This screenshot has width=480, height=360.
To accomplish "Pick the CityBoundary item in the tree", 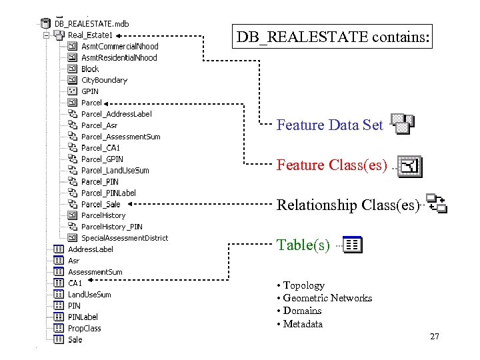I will [x=104, y=80].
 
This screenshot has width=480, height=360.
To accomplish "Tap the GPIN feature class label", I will [x=89, y=91].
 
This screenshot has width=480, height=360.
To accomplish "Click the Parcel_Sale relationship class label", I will [x=101, y=204].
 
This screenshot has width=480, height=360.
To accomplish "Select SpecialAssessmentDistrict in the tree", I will [x=124, y=238].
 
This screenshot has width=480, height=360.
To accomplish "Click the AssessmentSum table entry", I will [x=95, y=272].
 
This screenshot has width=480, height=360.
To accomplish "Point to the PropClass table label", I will [x=85, y=328].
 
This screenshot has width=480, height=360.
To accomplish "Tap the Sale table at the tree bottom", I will [x=75, y=339].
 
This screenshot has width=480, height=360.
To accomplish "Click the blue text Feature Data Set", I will [x=329, y=125].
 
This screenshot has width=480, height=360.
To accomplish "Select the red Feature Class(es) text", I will [x=331, y=165].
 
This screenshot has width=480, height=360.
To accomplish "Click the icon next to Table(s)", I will [x=353, y=245].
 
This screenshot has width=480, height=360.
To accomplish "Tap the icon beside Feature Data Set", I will [x=402, y=124].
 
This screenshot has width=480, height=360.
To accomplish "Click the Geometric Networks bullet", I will [x=327, y=298].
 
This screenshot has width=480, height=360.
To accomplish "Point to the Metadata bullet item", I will [x=303, y=324].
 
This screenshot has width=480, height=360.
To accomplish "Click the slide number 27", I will [x=434, y=337].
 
